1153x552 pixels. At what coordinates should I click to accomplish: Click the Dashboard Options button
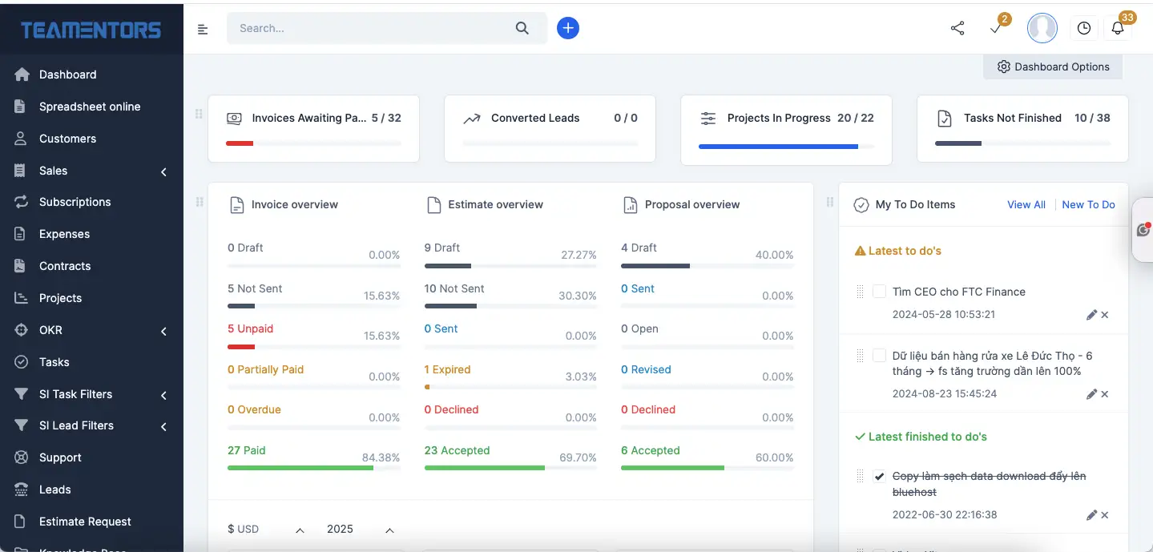(1053, 67)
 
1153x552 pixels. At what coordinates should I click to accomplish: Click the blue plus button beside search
(568, 28)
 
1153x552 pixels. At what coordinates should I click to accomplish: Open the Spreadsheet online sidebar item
(89, 107)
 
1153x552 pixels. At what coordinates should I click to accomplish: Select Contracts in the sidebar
(64, 266)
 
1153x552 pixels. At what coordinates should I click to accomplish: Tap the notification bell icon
(1118, 28)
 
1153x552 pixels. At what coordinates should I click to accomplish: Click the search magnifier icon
(522, 28)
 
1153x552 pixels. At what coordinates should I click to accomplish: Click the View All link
(1026, 205)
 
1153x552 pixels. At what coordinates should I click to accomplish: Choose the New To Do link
(1088, 205)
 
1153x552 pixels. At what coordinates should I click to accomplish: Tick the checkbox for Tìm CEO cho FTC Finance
(879, 292)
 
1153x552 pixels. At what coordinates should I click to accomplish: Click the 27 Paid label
(246, 450)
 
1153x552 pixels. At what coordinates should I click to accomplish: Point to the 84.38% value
(381, 457)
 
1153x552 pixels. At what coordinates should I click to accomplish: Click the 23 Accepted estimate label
(457, 450)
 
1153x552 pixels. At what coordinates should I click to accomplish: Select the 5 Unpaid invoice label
(250, 328)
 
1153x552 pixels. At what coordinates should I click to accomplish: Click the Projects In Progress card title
(778, 118)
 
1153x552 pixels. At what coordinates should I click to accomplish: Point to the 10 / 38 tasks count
(1092, 118)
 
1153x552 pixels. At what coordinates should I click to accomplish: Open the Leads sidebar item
(54, 490)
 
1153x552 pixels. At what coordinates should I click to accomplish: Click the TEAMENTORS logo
(91, 30)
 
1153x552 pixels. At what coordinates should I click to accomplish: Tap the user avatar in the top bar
(1042, 28)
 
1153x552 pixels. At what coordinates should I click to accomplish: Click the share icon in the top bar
(957, 28)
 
